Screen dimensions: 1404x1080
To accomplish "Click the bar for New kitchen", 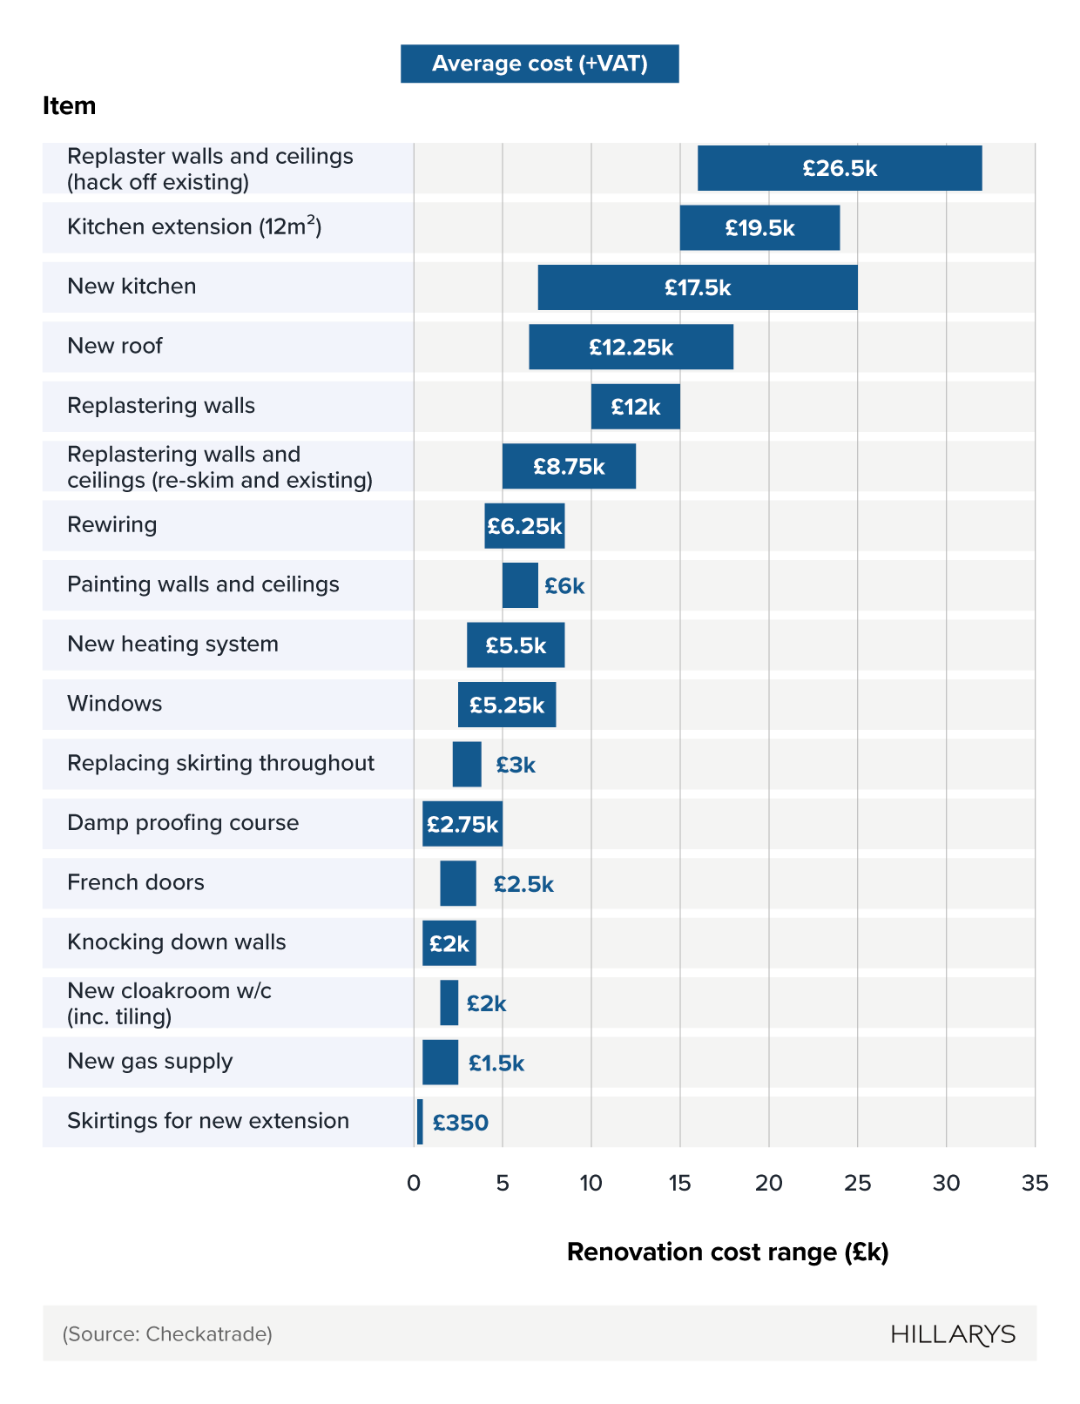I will click(697, 287).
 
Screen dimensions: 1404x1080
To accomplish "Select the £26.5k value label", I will click(840, 168).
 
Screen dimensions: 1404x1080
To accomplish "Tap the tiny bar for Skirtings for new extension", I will click(420, 1122).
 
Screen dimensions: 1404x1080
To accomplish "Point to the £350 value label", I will click(460, 1123).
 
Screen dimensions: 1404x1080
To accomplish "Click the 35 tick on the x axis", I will click(1035, 1183).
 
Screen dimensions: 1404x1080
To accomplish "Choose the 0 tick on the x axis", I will click(414, 1183).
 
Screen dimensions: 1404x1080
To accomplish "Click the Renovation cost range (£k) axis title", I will click(727, 1252).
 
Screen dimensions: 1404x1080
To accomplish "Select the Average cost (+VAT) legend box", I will click(539, 64).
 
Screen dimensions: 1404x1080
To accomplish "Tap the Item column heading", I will click(69, 106).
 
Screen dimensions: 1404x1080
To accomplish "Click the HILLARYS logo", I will click(953, 1334).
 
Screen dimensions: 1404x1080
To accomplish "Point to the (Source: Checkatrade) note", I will click(167, 1334).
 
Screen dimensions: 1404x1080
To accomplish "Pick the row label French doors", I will click(136, 882).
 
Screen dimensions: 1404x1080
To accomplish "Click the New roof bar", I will click(631, 347).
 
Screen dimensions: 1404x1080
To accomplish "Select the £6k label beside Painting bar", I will click(564, 586).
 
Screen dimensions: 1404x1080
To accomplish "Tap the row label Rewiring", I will click(112, 524).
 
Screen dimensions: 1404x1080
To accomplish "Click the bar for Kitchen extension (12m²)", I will click(759, 228).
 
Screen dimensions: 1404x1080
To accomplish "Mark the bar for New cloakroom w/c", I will click(449, 1002).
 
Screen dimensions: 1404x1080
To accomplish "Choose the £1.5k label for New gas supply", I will click(496, 1063).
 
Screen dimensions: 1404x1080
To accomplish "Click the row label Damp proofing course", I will click(183, 823).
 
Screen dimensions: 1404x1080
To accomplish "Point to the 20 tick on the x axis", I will click(768, 1183).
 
